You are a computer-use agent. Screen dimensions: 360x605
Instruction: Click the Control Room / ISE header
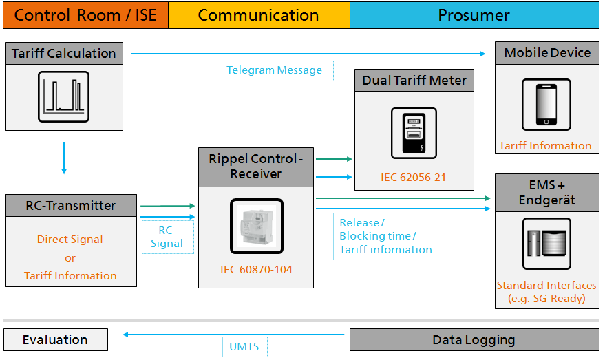85,15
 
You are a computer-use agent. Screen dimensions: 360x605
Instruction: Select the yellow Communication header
259,15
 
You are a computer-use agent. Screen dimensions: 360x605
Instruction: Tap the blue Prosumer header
474,15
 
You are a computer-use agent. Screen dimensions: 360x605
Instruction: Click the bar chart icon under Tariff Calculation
63,97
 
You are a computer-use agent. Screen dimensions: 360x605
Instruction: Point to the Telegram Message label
275,70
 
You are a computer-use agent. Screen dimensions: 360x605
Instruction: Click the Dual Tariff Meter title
414,81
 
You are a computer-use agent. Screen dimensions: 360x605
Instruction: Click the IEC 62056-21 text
414,178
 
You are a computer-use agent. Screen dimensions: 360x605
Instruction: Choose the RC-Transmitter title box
71,206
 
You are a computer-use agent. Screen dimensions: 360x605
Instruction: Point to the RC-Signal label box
167,237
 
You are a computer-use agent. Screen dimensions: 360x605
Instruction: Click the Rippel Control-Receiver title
255,167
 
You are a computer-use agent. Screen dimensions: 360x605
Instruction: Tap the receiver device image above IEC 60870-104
256,226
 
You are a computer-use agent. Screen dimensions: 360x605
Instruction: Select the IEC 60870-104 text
256,270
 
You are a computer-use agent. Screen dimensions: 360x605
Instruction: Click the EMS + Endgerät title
546,193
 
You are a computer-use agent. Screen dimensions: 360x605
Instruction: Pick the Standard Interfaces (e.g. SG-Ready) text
546,292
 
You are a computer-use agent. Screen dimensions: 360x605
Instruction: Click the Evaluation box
55,339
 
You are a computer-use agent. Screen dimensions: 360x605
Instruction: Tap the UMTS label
244,346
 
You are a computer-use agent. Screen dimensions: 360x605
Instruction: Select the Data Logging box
474,339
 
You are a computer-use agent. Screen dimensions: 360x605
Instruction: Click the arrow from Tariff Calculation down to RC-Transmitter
64,158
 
